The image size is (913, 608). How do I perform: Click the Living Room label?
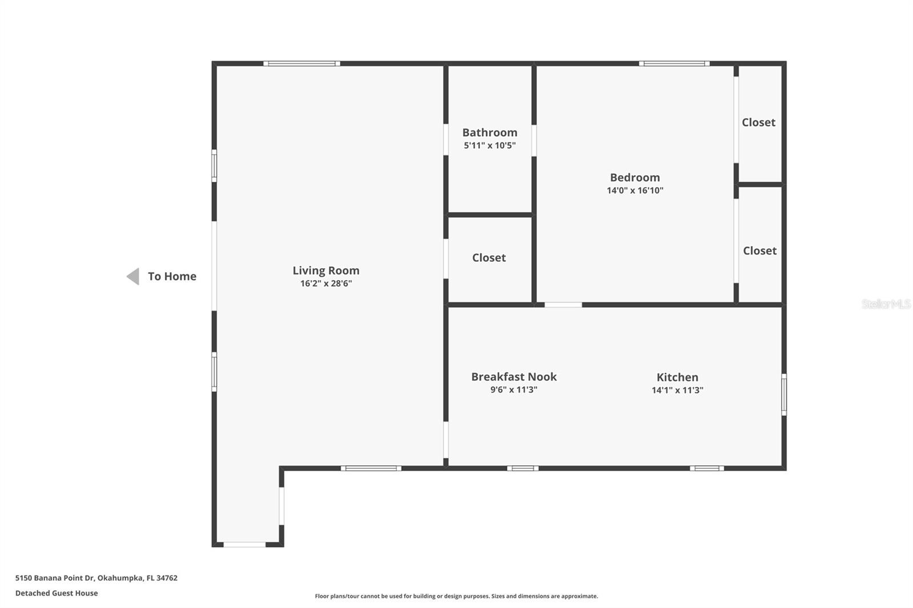pyautogui.click(x=326, y=270)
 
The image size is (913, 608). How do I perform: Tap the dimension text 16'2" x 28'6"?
pyautogui.click(x=326, y=283)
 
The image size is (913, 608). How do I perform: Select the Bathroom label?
pyautogui.click(x=490, y=132)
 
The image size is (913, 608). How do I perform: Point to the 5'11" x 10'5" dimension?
pyautogui.click(x=490, y=145)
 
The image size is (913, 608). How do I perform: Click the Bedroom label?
pyautogui.click(x=635, y=177)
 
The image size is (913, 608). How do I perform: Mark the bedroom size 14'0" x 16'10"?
pyautogui.click(x=635, y=190)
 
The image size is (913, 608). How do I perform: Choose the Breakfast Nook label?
pyautogui.click(x=514, y=376)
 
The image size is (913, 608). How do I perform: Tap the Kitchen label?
pyautogui.click(x=677, y=377)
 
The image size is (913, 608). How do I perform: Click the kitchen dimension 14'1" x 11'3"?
pyautogui.click(x=677, y=390)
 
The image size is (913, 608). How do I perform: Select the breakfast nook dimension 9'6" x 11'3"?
pyautogui.click(x=514, y=390)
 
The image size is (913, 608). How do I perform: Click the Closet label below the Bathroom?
pyautogui.click(x=489, y=257)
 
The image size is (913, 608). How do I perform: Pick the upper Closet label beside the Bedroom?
pyautogui.click(x=758, y=122)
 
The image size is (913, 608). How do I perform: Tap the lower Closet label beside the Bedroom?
pyautogui.click(x=760, y=250)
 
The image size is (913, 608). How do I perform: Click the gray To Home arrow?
pyautogui.click(x=133, y=277)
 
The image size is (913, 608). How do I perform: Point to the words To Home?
pyautogui.click(x=172, y=276)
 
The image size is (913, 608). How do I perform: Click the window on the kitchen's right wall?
pyautogui.click(x=784, y=395)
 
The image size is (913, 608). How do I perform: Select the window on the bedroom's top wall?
pyautogui.click(x=674, y=63)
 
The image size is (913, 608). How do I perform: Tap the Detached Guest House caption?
pyautogui.click(x=56, y=593)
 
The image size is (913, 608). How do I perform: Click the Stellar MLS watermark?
pyautogui.click(x=886, y=304)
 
